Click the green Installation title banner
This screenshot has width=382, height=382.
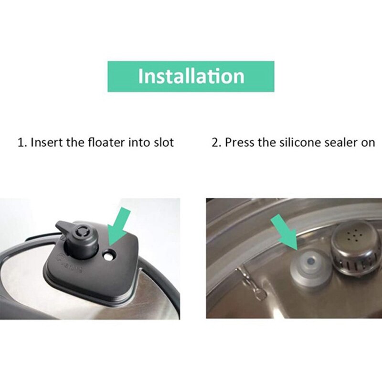(x=191, y=76)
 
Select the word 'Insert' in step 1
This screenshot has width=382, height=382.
(x=46, y=142)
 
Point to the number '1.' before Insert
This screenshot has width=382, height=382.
(x=22, y=142)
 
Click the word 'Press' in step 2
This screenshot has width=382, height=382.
(x=238, y=142)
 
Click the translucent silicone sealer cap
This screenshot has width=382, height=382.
(x=311, y=266)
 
